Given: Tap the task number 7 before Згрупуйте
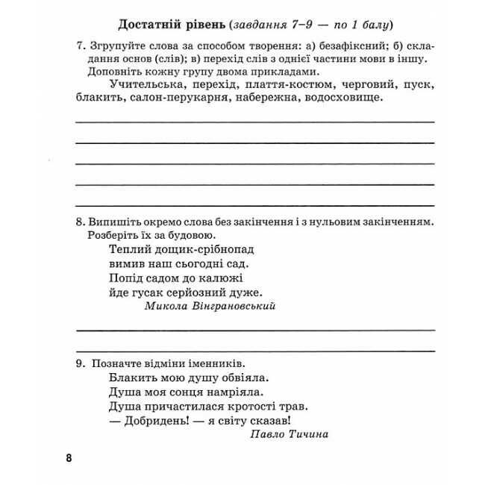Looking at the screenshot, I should [80, 46].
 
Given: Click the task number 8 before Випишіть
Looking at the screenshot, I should [80, 222].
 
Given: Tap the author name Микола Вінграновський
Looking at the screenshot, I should [210, 306].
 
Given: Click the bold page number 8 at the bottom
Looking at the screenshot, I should [69, 457].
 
